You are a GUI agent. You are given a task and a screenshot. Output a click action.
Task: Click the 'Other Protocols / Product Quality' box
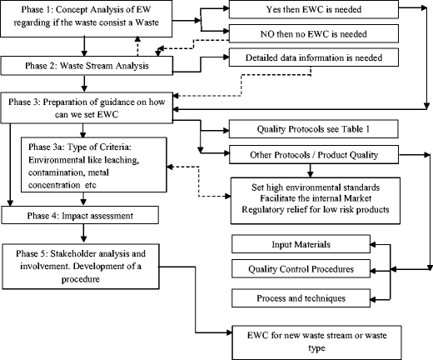coord(310,156)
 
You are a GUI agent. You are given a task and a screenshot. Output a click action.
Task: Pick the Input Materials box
coord(309,243)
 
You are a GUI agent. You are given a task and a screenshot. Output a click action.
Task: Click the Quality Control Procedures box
coord(309,270)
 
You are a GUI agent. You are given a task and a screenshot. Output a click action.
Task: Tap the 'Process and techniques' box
coord(309,297)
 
